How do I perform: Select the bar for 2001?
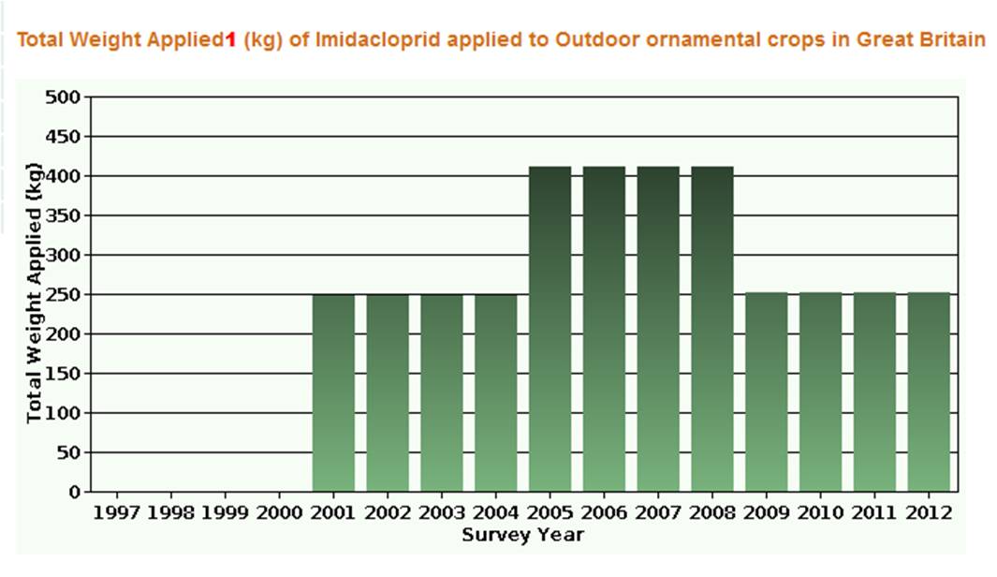[333, 392]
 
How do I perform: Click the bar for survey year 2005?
[550, 328]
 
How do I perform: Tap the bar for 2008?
[712, 328]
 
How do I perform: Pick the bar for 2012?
[929, 392]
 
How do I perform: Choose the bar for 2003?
[442, 392]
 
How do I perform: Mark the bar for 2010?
[821, 392]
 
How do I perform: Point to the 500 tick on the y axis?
[65, 97]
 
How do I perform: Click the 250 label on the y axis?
[65, 295]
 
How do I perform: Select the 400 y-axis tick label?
[65, 176]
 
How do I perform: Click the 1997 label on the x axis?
[116, 513]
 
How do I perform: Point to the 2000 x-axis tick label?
[279, 513]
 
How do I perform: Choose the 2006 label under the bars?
[604, 513]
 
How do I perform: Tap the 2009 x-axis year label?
[767, 513]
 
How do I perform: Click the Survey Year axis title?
[522, 535]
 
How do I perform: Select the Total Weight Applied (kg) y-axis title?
[35, 294]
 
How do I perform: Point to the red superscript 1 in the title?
[230, 40]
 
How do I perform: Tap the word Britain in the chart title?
[954, 40]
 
